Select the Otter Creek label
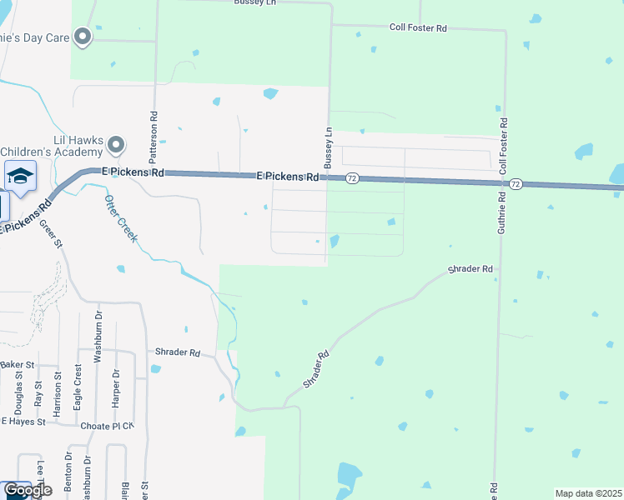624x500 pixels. click(122, 218)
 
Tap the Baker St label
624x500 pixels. click(17, 365)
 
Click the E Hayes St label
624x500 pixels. click(22, 422)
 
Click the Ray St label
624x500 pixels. click(38, 394)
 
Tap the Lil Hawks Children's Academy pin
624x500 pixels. click(116, 146)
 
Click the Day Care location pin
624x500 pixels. click(83, 36)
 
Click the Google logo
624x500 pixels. click(28, 491)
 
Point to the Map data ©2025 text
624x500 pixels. click(588, 493)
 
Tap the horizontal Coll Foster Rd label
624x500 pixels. click(419, 27)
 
